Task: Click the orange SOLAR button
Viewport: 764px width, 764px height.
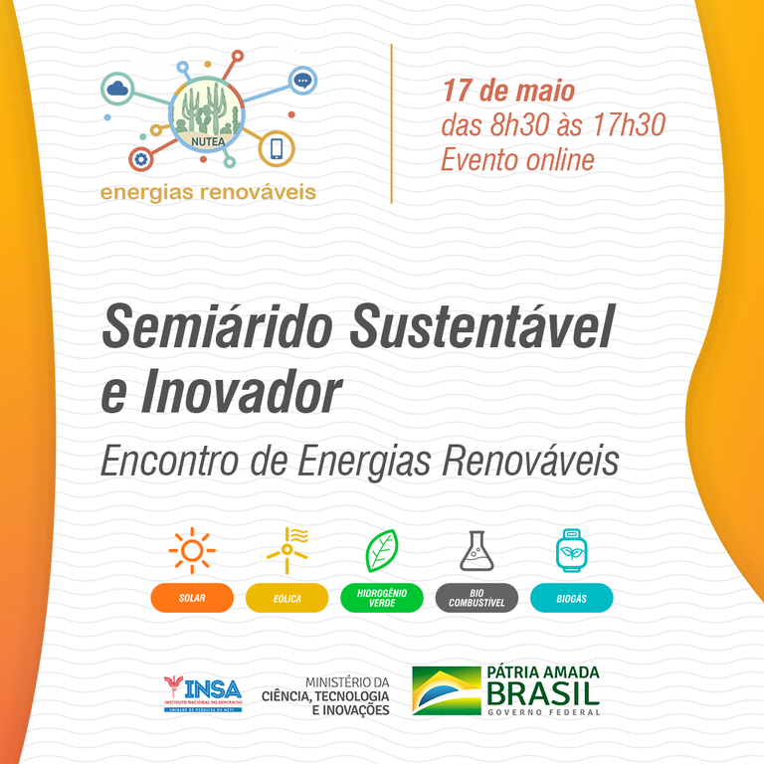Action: (x=192, y=598)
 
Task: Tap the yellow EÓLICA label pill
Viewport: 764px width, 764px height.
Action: (x=286, y=598)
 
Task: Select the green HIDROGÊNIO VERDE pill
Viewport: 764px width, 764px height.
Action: (x=381, y=598)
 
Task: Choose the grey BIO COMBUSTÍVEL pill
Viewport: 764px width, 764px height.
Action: (x=477, y=598)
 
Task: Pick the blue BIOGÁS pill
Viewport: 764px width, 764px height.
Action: (x=571, y=598)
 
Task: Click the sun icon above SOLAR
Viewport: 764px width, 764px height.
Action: (x=192, y=550)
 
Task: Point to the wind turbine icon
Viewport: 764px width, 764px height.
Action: (x=287, y=550)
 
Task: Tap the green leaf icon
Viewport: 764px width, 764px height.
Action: (x=381, y=550)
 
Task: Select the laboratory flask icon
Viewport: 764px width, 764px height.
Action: (x=477, y=550)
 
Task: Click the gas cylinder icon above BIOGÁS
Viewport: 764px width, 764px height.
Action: (x=571, y=550)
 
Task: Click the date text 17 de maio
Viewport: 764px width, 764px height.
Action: (x=508, y=92)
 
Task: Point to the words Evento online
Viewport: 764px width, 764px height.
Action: (x=517, y=159)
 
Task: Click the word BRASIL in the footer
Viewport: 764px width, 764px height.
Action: (x=543, y=693)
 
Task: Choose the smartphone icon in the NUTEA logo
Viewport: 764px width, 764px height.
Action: (x=276, y=149)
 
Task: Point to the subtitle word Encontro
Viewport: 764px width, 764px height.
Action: (x=173, y=461)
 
